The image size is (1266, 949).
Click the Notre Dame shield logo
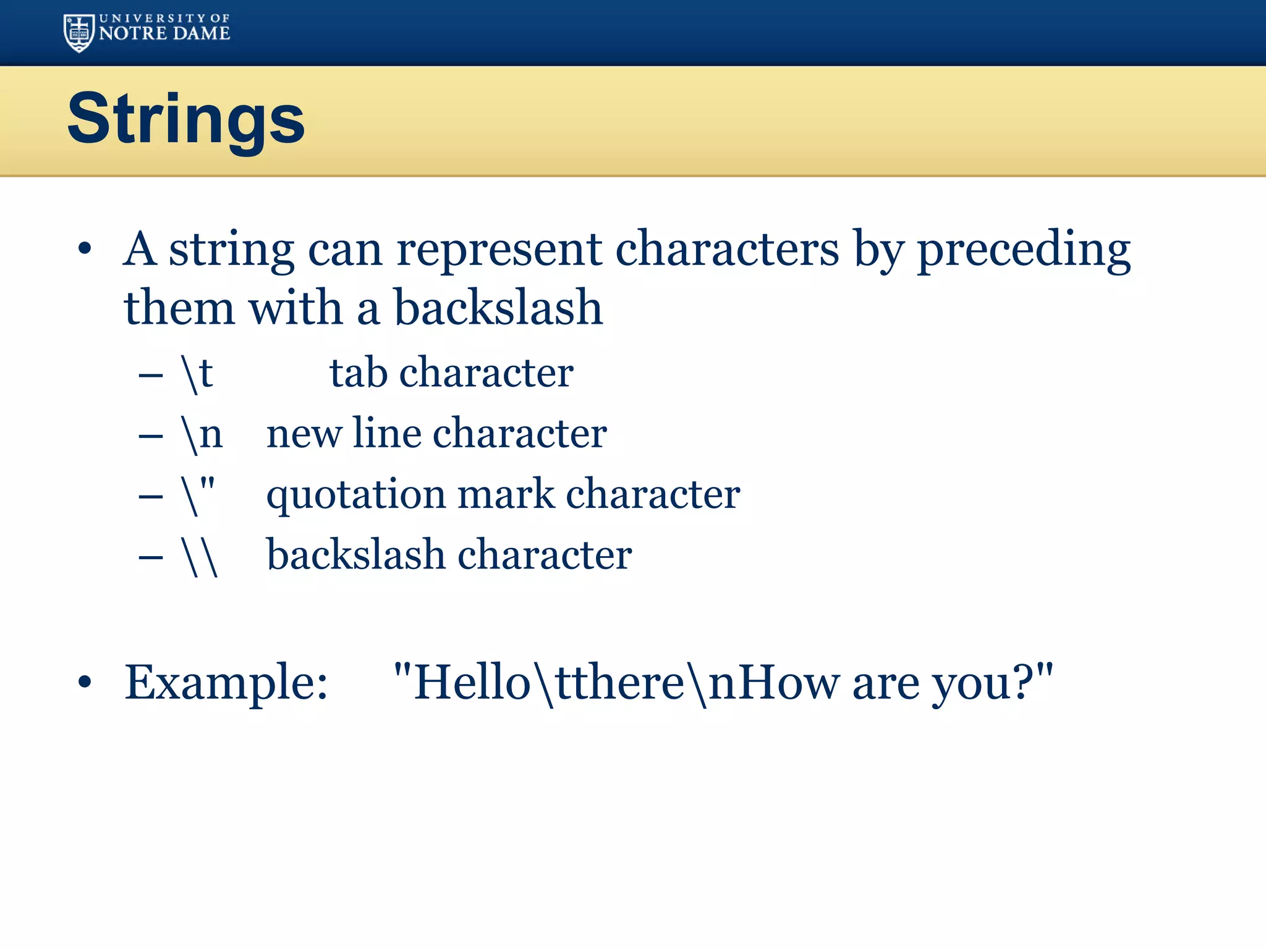tap(79, 33)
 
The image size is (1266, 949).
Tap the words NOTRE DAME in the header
tap(164, 33)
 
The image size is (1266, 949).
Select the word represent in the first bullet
tap(499, 250)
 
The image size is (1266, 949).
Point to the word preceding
tap(1024, 250)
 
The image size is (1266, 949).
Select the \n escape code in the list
tap(202, 434)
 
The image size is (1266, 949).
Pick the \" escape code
tap(199, 494)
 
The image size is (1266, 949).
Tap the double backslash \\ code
tap(200, 555)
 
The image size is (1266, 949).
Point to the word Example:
tap(226, 683)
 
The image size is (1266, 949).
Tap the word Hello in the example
tap(472, 683)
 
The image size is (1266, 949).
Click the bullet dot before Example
tap(85, 683)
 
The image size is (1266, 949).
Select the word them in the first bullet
tap(179, 308)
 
